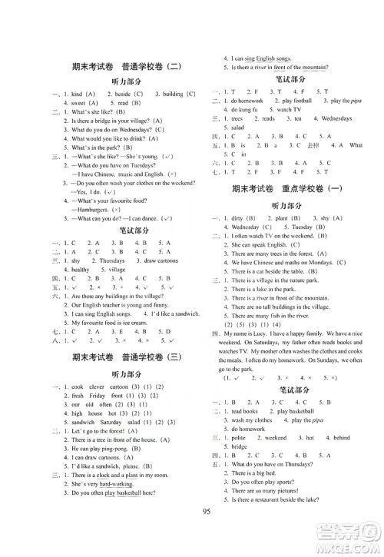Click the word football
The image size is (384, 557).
(x=282, y=100)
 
